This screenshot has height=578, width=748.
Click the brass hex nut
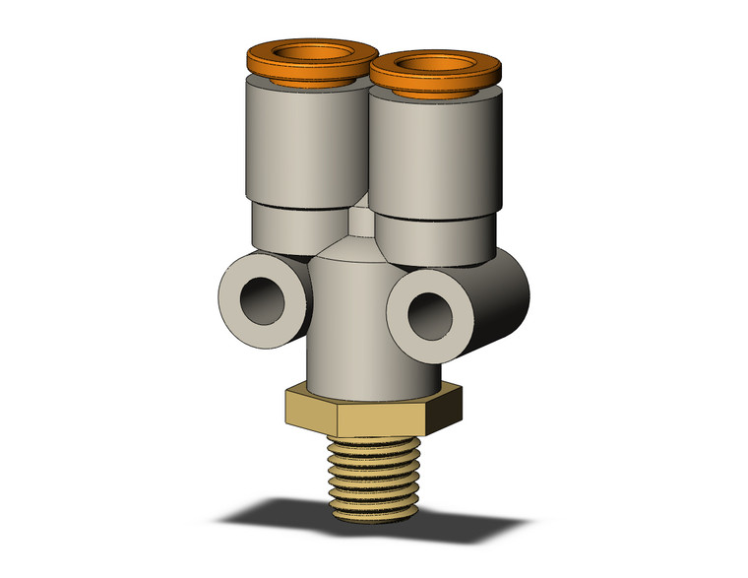click(x=394, y=414)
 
